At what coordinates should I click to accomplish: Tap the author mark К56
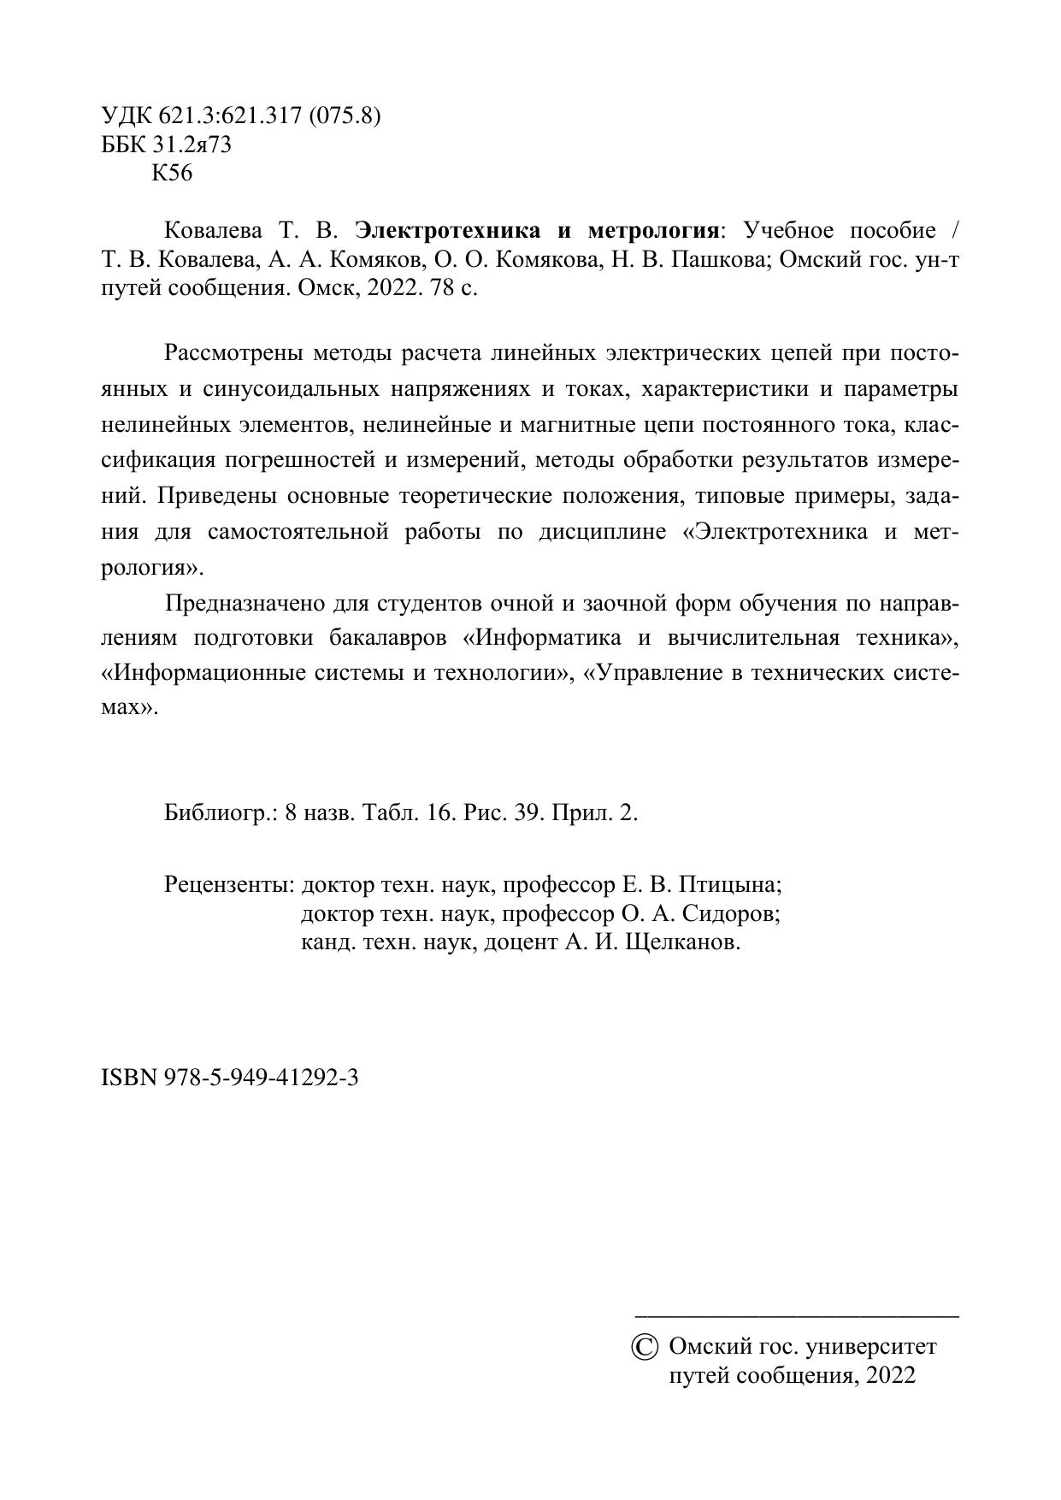172,174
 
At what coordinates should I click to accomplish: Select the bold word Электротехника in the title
448,231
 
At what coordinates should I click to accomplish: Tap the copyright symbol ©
645,1348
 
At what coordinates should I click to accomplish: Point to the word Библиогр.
221,812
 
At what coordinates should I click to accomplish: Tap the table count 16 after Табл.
440,812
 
